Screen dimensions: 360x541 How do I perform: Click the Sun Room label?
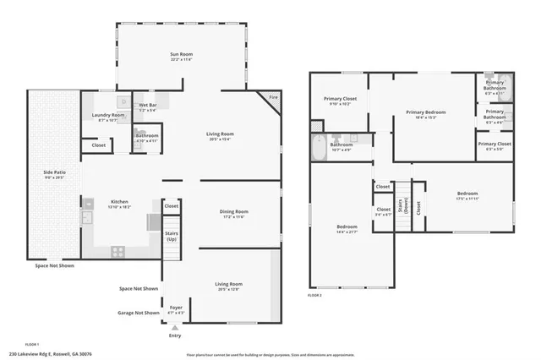click(x=182, y=55)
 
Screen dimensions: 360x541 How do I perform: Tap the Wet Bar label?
click(x=148, y=106)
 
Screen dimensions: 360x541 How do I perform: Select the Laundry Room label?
click(x=108, y=116)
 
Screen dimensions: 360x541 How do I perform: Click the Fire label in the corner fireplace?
click(x=273, y=98)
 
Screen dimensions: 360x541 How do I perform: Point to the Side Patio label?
click(x=54, y=174)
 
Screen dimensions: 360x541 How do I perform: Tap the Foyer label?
click(x=176, y=308)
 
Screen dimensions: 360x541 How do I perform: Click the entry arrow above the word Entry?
click(x=175, y=327)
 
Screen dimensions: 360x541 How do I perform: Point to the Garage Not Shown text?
click(x=139, y=313)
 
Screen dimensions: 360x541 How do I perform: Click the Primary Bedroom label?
click(x=425, y=112)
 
